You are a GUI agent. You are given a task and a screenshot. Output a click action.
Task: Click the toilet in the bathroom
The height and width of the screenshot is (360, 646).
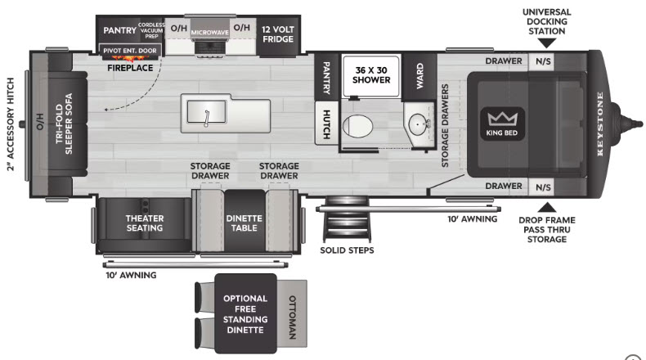click(357, 126)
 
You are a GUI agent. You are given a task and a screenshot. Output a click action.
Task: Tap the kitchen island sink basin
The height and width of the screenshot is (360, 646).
click(206, 112)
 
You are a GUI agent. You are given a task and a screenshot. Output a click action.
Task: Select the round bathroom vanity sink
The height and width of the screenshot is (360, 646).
click(418, 123)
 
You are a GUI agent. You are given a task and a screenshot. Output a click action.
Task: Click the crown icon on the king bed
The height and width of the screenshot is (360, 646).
click(502, 119)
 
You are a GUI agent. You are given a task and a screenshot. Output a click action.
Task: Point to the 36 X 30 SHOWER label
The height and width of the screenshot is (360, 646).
click(371, 75)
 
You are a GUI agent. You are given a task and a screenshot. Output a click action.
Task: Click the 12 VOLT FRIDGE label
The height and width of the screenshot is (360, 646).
click(278, 34)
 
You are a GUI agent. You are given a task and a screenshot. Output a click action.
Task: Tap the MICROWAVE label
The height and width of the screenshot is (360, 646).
click(209, 32)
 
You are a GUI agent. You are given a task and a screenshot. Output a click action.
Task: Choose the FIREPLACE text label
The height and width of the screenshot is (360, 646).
click(130, 68)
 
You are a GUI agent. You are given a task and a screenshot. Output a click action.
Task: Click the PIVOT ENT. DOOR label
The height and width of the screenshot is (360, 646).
click(130, 51)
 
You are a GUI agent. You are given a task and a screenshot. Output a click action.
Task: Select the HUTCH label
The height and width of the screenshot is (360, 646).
click(326, 124)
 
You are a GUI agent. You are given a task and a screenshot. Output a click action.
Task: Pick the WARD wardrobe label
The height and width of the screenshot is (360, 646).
click(419, 76)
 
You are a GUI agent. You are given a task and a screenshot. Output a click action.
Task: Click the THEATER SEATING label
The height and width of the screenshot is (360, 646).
click(145, 223)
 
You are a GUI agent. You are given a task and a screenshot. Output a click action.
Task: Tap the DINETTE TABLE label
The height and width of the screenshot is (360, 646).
click(244, 223)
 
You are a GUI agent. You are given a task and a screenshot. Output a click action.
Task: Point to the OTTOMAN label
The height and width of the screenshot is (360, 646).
click(292, 317)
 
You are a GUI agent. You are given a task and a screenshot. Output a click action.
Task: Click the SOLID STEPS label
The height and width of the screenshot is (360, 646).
click(347, 250)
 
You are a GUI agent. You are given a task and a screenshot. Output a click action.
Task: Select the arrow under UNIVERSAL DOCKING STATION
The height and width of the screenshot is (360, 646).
click(547, 43)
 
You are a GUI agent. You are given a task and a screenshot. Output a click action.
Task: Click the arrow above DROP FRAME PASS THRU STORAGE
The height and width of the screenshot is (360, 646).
click(547, 207)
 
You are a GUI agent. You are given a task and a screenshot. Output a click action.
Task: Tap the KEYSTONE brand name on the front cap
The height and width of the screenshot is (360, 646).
click(600, 124)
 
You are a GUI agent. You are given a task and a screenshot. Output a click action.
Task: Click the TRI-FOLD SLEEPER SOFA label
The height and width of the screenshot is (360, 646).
click(64, 124)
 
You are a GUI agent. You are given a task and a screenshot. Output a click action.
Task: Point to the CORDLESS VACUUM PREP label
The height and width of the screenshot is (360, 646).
click(151, 30)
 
